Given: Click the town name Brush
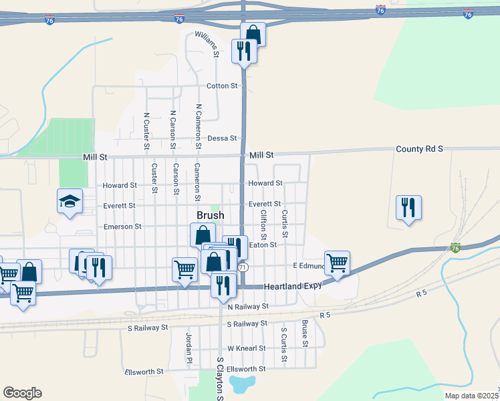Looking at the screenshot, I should pyautogui.click(x=210, y=216).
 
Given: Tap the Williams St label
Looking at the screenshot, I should pyautogui.click(x=207, y=44).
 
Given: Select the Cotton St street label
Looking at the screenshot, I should pyautogui.click(x=222, y=86).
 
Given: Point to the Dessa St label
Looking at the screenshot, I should pyautogui.click(x=223, y=138).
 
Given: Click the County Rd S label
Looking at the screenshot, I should pyautogui.click(x=419, y=149).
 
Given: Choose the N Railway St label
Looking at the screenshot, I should pyautogui.click(x=247, y=307).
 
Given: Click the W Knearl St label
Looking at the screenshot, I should pyautogui.click(x=247, y=348).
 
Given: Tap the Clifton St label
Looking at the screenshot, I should pyautogui.click(x=263, y=225).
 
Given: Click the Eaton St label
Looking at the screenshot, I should pyautogui.click(x=263, y=245).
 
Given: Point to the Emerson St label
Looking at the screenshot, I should pyautogui.click(x=122, y=227).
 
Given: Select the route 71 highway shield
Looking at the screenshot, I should pyautogui.click(x=244, y=267).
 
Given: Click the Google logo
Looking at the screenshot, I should pyautogui.click(x=22, y=393).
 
